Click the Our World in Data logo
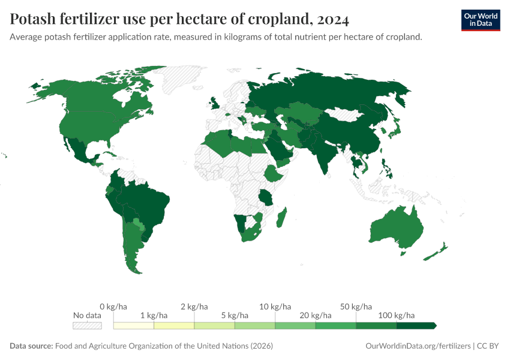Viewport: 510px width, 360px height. tap(480, 20)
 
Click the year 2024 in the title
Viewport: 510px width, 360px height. tap(331, 19)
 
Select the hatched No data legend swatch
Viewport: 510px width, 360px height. tap(87, 326)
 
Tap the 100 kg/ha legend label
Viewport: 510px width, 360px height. tap(396, 315)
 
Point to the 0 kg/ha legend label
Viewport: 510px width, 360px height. tap(113, 307)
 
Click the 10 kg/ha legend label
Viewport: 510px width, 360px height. tap(275, 307)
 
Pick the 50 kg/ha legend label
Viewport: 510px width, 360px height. tap(356, 307)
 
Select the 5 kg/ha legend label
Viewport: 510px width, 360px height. tap(235, 315)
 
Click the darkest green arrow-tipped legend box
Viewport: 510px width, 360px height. tap(416, 326)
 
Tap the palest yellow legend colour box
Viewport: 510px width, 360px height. tap(134, 326)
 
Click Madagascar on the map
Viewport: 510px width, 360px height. tap(280, 217)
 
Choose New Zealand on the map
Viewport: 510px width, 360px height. tap(435, 252)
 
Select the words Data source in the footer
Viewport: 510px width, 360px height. tap(31, 346)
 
